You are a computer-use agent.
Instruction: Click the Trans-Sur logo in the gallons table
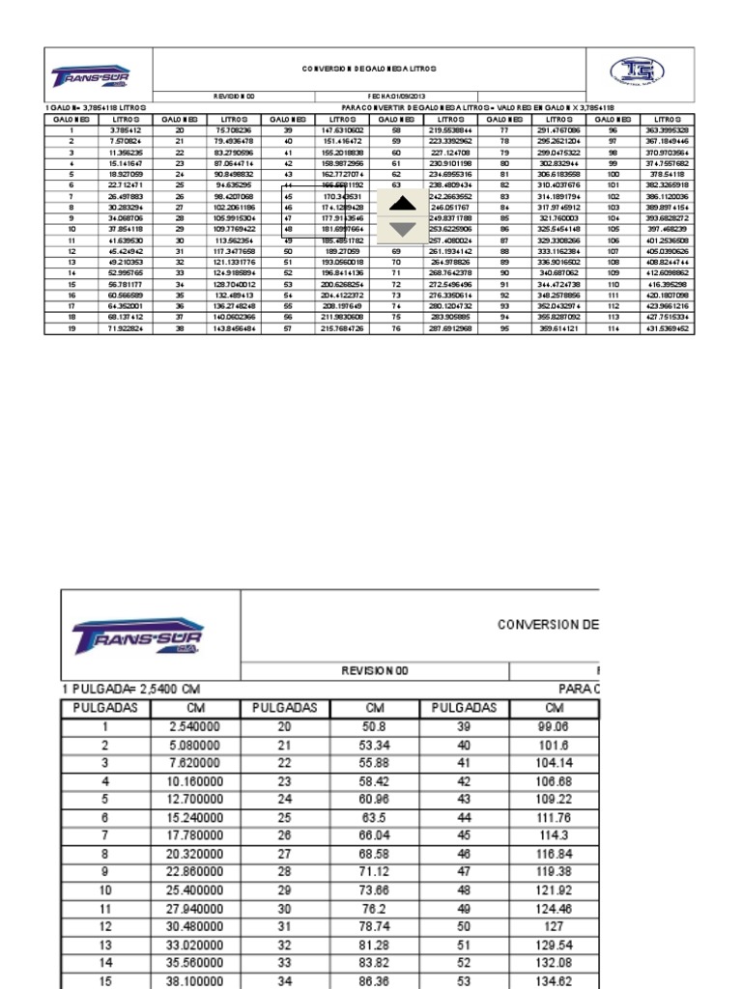pyautogui.click(x=91, y=75)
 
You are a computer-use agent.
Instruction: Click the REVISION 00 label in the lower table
pyautogui.click(x=376, y=669)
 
